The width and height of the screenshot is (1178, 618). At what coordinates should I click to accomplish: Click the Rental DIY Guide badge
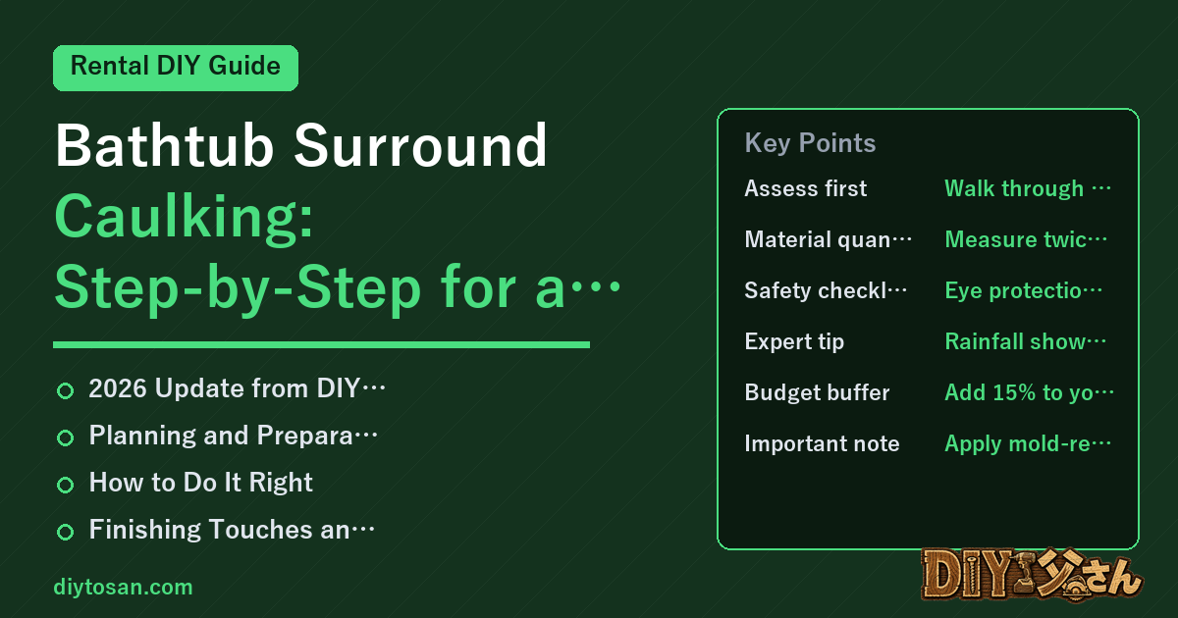[x=176, y=68]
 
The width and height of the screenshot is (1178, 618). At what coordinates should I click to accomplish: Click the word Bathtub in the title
[x=165, y=145]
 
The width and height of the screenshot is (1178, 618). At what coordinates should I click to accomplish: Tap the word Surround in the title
[x=420, y=145]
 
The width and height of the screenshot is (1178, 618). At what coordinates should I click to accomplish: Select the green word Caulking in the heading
[x=185, y=219]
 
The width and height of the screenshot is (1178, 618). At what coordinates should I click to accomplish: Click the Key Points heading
[x=810, y=143]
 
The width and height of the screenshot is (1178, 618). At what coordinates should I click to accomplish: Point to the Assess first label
[x=806, y=188]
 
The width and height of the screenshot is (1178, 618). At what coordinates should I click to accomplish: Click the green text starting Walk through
[x=1028, y=188]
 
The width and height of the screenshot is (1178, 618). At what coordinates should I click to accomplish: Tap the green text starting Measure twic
[x=1026, y=239]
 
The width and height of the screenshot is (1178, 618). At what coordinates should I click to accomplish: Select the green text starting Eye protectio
[x=1023, y=290]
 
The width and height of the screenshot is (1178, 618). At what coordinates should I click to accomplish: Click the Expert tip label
[x=794, y=341]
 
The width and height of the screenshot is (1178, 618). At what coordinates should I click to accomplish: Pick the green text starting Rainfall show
[x=1026, y=341]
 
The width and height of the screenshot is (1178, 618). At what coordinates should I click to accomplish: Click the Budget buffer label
[x=817, y=392]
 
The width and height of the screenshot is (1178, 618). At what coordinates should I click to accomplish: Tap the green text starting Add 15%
[x=1029, y=392]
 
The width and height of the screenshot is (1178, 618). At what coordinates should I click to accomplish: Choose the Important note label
[x=822, y=443]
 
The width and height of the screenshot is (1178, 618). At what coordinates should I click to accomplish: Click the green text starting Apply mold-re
[x=1028, y=443]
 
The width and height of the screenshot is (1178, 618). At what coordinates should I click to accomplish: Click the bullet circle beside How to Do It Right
[x=65, y=485]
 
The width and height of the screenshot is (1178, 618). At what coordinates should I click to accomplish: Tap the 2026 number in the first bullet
[x=117, y=388]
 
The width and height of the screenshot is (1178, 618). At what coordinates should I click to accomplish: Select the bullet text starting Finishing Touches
[x=232, y=529]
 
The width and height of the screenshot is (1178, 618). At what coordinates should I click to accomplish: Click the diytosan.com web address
[x=123, y=587]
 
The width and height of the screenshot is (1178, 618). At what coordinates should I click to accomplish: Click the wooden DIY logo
[x=1032, y=575]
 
